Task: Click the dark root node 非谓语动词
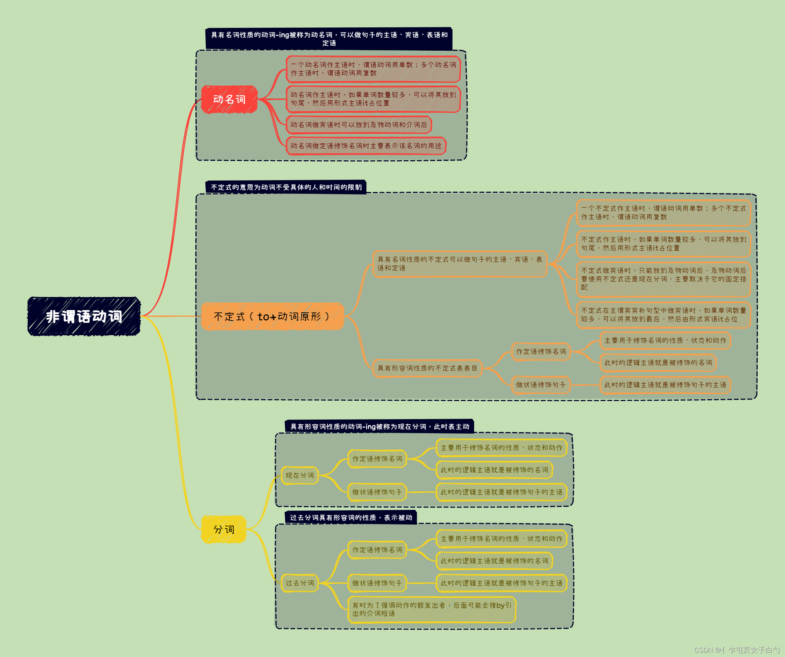[84, 317]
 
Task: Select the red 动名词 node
[229, 100]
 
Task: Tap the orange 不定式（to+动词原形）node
[272, 317]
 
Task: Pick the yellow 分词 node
[224, 529]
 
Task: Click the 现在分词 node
[299, 475]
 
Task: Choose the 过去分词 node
[299, 583]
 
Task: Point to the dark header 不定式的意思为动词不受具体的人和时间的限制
[286, 187]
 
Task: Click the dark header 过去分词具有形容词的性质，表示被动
[350, 518]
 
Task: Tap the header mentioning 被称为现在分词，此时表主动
[379, 427]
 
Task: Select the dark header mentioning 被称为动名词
[329, 39]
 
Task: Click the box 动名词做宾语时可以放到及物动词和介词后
[359, 125]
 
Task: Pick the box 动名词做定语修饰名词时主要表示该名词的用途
[366, 146]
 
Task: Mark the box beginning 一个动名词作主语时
[373, 69]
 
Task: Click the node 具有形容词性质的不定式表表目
[427, 368]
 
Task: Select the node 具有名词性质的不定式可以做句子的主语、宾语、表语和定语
[459, 264]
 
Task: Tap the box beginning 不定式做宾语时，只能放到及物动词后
[663, 279]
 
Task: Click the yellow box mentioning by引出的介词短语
[432, 610]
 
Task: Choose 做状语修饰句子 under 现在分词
[377, 492]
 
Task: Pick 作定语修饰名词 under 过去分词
[377, 550]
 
